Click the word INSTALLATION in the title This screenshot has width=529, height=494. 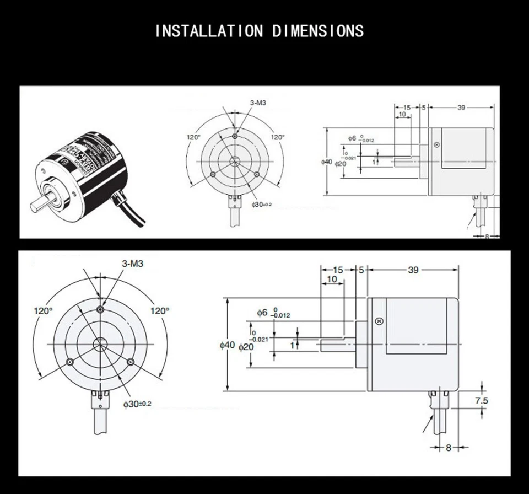point(209,30)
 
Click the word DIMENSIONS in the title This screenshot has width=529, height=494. point(318,30)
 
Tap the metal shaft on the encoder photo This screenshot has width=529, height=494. point(40,203)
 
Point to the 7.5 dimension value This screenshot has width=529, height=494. point(482,401)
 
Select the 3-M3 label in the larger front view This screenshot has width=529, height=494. point(132,264)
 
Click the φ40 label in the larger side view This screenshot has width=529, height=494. point(227,345)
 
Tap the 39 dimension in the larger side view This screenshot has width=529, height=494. point(413,270)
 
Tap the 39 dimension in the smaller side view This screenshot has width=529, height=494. point(462,108)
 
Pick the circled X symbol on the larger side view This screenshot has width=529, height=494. point(379,321)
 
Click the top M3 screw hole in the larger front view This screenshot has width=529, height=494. point(100,309)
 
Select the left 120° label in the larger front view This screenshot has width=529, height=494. point(43,310)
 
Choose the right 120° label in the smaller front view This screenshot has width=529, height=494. point(278,137)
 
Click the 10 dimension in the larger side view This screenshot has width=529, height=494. point(332,280)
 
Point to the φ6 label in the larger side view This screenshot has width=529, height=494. point(262,313)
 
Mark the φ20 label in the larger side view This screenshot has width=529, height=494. point(246,347)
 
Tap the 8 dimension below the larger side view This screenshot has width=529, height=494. point(449,448)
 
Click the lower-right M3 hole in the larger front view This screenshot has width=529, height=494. point(131,362)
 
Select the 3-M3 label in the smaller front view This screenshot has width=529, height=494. point(242,103)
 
